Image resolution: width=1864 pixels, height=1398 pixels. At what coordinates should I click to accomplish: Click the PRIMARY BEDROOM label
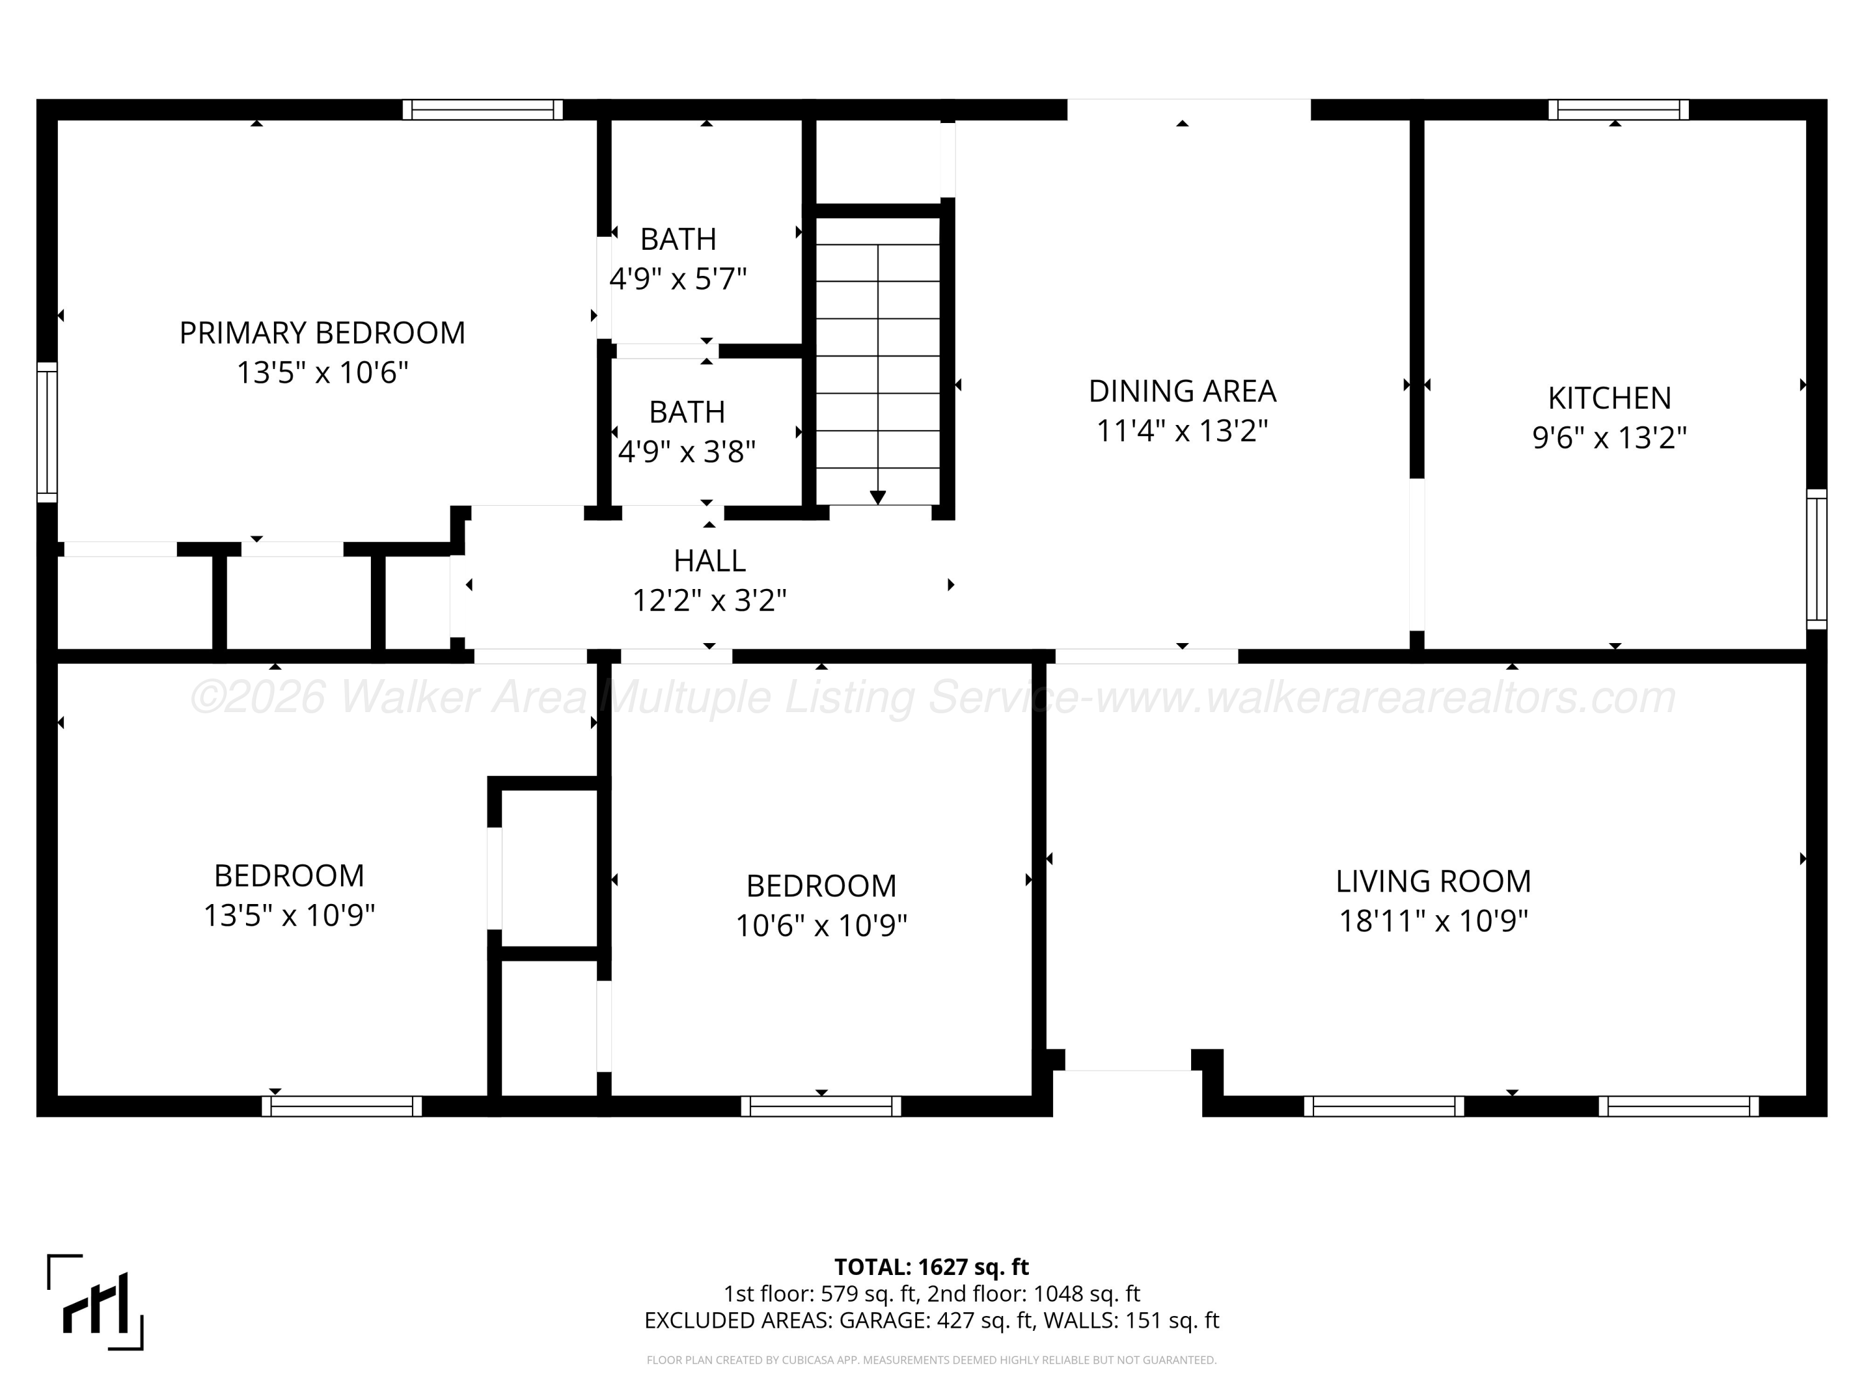tap(322, 333)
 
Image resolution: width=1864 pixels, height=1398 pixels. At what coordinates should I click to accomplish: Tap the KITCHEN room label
tap(1609, 398)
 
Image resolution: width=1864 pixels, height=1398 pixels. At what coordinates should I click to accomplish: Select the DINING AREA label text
tap(1182, 391)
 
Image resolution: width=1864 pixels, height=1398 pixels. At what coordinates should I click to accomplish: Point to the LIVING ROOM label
tap(1433, 882)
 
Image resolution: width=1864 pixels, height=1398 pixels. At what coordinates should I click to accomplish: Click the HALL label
tap(710, 560)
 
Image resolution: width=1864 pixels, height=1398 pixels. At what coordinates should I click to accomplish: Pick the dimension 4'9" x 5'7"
tap(678, 278)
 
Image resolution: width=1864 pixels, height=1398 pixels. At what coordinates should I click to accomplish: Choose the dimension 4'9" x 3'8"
tap(687, 452)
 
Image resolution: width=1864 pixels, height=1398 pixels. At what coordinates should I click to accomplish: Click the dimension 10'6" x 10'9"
tap(821, 925)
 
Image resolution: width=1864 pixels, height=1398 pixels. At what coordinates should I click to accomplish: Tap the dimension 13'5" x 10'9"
tap(289, 915)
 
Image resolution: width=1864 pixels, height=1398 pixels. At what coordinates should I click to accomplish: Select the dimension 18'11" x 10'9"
tap(1433, 920)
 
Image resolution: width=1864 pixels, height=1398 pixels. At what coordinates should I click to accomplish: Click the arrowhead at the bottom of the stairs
tap(877, 497)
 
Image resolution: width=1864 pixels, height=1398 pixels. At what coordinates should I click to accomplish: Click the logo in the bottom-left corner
tap(95, 1302)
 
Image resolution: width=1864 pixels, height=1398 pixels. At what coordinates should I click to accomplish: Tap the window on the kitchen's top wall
tap(1619, 109)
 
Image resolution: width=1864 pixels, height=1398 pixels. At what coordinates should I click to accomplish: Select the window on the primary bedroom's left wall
tap(47, 432)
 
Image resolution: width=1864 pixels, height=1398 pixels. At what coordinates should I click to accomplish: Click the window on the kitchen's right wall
tap(1817, 559)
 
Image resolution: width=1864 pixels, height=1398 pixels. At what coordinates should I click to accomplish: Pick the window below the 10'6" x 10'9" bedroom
tap(821, 1107)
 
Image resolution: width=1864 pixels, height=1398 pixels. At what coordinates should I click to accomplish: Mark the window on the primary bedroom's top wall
tap(482, 109)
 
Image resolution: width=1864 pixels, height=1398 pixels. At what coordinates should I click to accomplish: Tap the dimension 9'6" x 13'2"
tap(1609, 437)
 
